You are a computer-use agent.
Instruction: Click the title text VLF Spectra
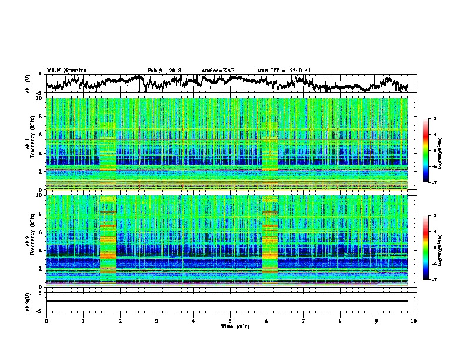(x=66, y=70)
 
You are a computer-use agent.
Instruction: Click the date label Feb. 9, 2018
(x=164, y=71)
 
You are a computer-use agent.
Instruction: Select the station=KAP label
(x=218, y=71)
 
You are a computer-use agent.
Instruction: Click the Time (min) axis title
(x=230, y=326)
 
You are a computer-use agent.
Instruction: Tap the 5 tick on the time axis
(x=230, y=320)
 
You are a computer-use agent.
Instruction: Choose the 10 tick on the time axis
(x=414, y=320)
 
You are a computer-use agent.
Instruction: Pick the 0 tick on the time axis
(x=46, y=320)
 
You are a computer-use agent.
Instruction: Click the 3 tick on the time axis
(x=157, y=320)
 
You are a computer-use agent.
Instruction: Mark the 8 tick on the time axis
(x=340, y=320)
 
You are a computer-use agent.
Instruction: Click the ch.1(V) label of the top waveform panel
(x=28, y=84)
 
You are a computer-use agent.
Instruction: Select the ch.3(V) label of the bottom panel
(x=28, y=301)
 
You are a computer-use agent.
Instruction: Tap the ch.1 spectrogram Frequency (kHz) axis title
(x=30, y=144)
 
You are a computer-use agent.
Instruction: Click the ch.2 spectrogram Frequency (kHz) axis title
(x=30, y=241)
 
